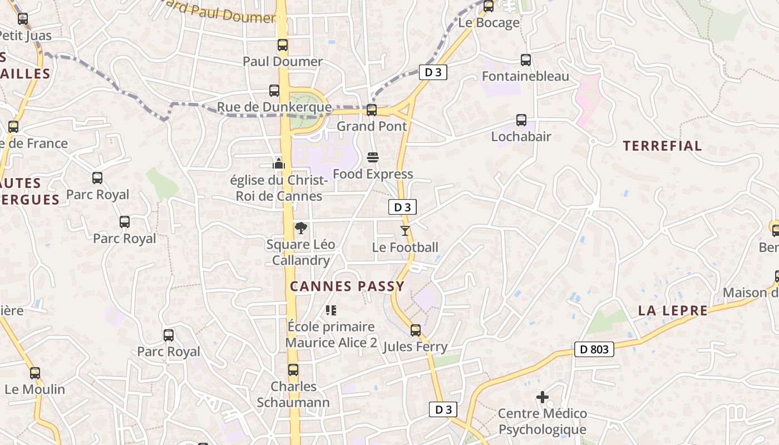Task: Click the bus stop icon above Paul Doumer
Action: [x=283, y=45]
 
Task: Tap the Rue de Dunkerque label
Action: [x=274, y=107]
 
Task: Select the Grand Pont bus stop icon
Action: [x=372, y=110]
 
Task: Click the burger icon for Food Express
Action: [x=373, y=158]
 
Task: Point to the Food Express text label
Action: [x=373, y=174]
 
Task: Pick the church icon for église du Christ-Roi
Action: [x=279, y=163]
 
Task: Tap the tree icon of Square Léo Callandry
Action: [x=301, y=228]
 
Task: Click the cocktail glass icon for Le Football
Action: [x=405, y=230]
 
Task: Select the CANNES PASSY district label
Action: [x=347, y=286]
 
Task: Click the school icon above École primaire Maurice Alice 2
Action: [x=331, y=310]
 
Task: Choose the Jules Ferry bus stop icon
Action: [x=416, y=330]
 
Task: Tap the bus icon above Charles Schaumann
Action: [x=293, y=370]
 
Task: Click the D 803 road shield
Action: [x=594, y=349]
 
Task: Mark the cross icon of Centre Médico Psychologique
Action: [x=543, y=397]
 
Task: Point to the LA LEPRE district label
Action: [x=673, y=310]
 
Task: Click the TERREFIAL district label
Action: [x=662, y=146]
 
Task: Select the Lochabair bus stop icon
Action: [x=521, y=120]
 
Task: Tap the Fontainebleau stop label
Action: [x=525, y=76]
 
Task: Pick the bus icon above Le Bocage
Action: [x=489, y=7]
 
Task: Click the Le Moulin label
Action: [x=34, y=389]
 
